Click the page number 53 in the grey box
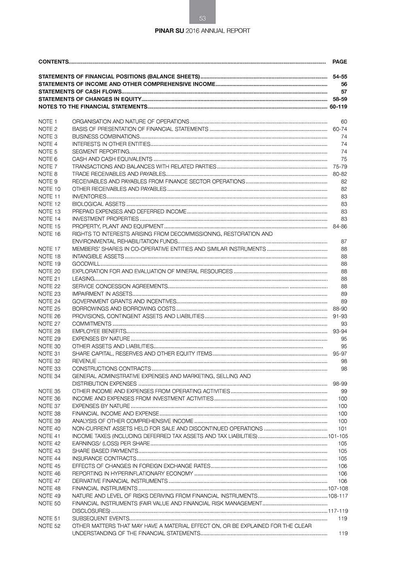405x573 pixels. (202, 18)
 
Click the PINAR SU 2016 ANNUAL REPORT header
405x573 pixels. (202, 31)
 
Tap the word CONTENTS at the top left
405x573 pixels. (53, 62)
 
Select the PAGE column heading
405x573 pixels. (339, 62)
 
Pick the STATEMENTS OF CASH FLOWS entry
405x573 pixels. (80, 92)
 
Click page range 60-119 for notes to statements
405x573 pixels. (338, 107)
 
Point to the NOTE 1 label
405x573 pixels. (48, 122)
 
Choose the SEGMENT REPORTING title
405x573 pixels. (100, 152)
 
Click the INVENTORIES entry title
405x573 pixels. (89, 197)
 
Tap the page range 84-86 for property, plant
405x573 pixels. (340, 227)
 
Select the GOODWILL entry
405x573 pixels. (86, 264)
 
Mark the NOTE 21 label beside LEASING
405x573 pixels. (49, 279)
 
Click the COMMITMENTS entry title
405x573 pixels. (92, 324)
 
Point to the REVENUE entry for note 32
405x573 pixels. (84, 361)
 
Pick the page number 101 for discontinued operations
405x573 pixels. (343, 428)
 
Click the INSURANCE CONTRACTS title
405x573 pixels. (104, 458)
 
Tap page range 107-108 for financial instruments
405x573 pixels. (338, 488)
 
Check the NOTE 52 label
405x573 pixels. (49, 526)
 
